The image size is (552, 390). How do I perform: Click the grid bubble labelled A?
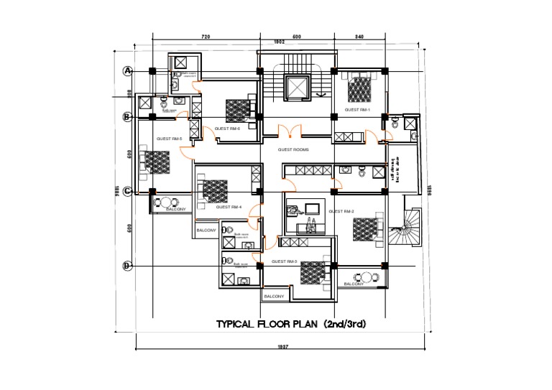coord(128,70)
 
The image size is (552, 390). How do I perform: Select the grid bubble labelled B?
coord(127,116)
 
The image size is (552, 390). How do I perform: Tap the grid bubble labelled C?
coord(127,191)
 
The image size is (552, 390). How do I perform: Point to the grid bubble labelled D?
coord(127,266)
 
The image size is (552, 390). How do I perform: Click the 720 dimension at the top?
coord(205,35)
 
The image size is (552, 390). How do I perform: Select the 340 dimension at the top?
coord(359,35)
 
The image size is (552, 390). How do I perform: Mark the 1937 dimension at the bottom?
coord(282,348)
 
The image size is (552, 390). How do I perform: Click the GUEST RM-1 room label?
coord(356,110)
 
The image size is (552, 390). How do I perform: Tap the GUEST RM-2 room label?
coord(340,212)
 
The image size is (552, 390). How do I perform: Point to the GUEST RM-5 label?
coord(170,139)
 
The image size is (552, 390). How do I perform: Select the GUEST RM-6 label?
coord(227,129)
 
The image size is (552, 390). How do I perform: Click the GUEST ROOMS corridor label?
coord(293,149)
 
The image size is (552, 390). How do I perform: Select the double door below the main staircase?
coord(288,131)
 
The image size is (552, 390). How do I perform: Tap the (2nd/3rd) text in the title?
coord(344,325)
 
